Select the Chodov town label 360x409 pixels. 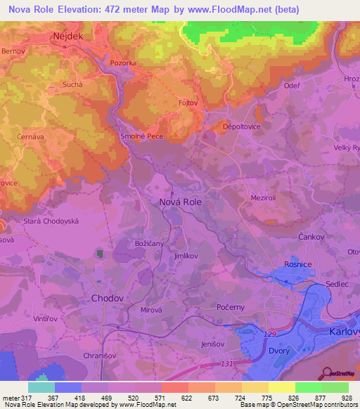click(x=107, y=298)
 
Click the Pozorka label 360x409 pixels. click(x=124, y=63)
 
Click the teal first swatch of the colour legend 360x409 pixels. click(x=41, y=387)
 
